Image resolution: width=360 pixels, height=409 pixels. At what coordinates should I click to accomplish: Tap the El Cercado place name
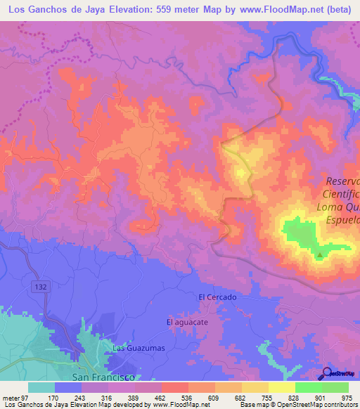(217, 297)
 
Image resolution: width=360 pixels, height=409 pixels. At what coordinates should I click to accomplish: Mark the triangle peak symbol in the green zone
(320, 255)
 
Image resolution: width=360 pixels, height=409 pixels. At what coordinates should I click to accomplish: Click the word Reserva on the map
(342, 180)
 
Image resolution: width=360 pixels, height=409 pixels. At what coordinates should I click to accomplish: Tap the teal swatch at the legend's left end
(41, 387)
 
